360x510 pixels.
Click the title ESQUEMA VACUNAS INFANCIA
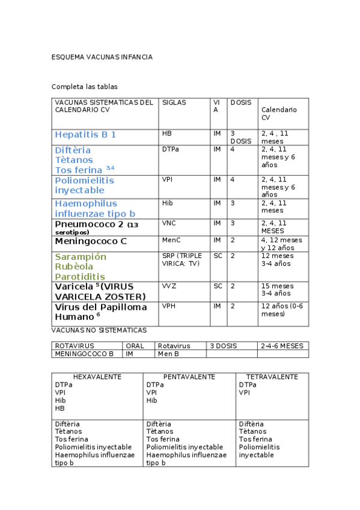[x=102, y=57]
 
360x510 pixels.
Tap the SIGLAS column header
[x=174, y=103]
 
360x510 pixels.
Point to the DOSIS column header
[x=241, y=103]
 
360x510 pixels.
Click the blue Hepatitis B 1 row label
[x=85, y=135]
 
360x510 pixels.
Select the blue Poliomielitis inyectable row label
[x=84, y=185]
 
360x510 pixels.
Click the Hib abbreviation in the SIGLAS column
[x=168, y=203]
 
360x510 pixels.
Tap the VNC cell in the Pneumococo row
[x=169, y=223]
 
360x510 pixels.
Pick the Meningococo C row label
[x=91, y=241]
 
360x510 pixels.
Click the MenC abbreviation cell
[x=171, y=240]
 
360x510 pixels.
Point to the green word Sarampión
[x=81, y=257]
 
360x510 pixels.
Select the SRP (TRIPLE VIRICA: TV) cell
[x=182, y=259]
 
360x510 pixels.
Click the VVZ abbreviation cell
[x=169, y=286]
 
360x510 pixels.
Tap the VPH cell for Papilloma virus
[x=169, y=306]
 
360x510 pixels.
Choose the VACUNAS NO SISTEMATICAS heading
[x=99, y=330]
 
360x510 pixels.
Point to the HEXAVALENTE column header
[x=97, y=377]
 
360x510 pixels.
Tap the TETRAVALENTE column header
[x=272, y=377]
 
